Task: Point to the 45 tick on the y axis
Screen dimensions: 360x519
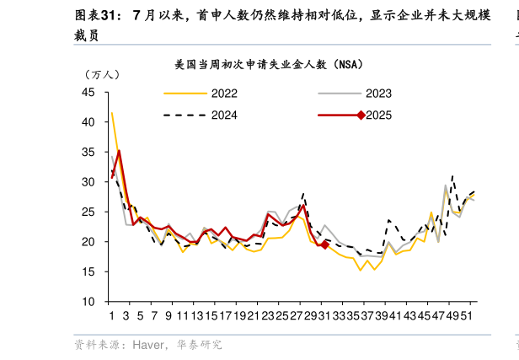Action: (x=88, y=93)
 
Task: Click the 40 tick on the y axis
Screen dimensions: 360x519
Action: (x=88, y=122)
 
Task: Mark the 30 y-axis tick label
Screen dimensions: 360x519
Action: (x=88, y=182)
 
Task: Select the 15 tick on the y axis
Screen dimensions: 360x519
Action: (x=88, y=271)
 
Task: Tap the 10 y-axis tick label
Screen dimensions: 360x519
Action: (x=88, y=301)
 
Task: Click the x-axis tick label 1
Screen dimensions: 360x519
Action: (x=111, y=315)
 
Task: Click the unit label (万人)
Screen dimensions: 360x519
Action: (x=101, y=74)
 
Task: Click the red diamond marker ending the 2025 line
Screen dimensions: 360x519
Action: (x=325, y=245)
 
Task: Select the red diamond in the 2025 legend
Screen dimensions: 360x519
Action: (x=361, y=116)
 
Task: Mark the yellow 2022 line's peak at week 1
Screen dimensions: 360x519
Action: (x=111, y=113)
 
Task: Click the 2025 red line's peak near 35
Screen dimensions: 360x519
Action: (x=119, y=151)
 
